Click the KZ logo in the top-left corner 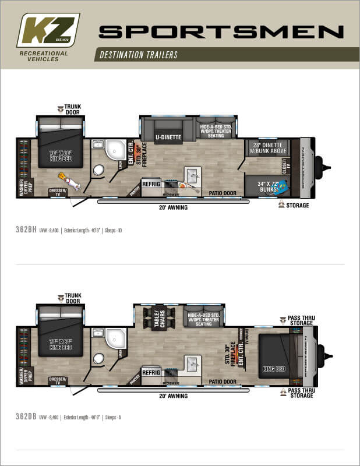coord(48,30)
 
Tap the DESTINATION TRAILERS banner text coord(139,55)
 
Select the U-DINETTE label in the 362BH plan coord(168,137)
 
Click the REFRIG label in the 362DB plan coord(151,372)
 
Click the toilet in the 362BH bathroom coord(98,170)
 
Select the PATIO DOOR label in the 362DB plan coord(222,382)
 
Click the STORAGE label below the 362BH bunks coord(298,206)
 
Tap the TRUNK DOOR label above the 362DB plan coord(73,298)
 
